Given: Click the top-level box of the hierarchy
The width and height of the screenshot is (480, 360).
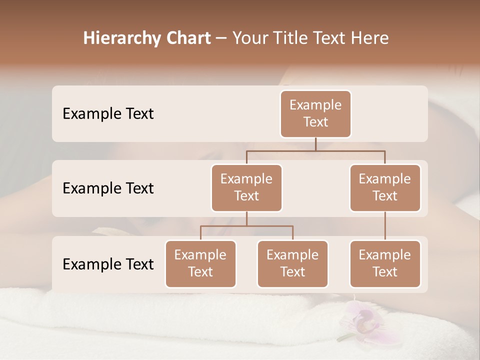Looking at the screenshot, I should (315, 113).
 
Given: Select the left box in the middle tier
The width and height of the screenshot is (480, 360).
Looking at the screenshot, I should (246, 187).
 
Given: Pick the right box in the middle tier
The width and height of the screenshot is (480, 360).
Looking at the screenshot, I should (385, 187).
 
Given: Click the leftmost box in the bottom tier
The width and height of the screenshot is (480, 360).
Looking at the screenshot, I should (200, 263).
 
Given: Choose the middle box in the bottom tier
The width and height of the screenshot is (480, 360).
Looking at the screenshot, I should (292, 263).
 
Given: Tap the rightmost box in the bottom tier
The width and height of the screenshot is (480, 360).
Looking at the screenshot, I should (385, 263).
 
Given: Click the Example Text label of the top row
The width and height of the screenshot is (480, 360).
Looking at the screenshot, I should (108, 114).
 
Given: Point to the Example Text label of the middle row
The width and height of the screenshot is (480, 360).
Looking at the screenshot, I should (108, 188).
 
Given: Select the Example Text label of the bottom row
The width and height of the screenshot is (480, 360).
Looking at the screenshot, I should (108, 264).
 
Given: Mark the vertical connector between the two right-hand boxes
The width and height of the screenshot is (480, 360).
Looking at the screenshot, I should (385, 226).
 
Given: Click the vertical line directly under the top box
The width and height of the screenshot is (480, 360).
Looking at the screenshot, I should (315, 144).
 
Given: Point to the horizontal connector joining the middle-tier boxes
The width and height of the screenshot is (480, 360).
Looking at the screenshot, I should (315, 150).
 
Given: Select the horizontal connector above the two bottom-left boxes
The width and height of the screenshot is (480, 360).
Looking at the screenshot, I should (246, 226).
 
